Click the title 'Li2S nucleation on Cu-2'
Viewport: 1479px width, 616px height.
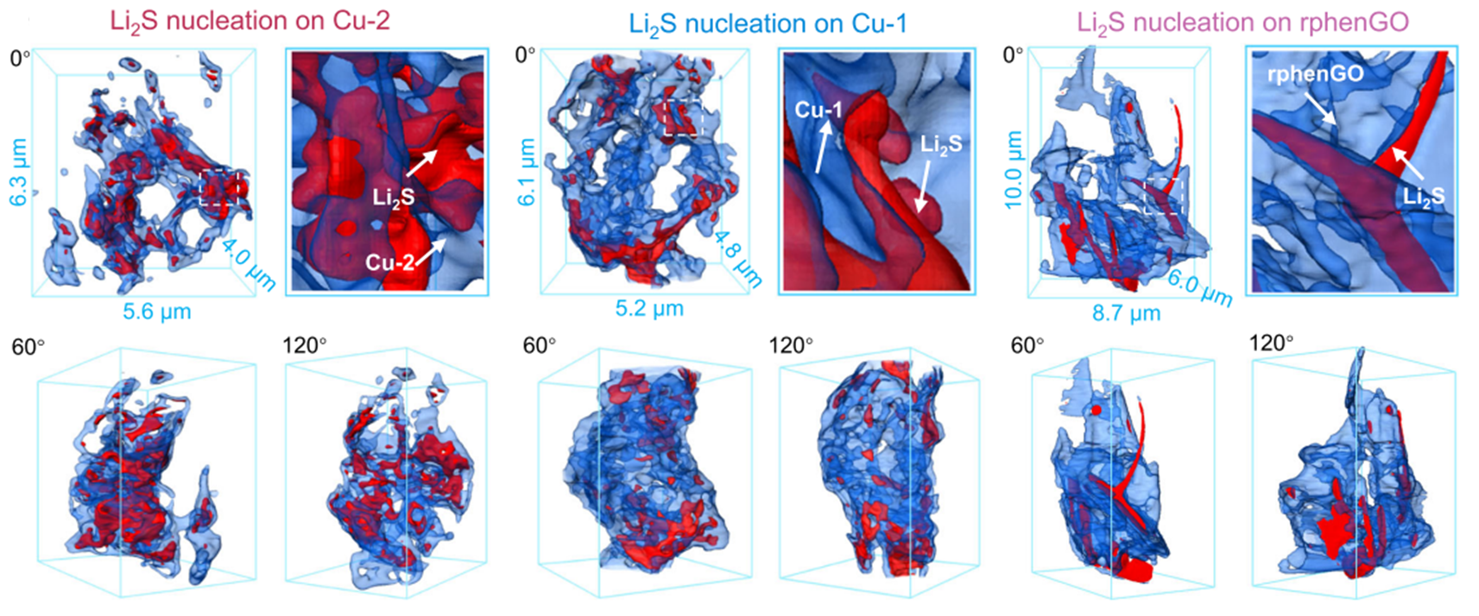[250, 22]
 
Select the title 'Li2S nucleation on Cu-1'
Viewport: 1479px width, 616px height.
[768, 25]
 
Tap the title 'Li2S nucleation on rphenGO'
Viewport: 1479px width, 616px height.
[1243, 22]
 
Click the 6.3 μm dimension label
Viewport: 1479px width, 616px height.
[20, 173]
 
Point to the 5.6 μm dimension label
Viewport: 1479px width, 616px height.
[157, 311]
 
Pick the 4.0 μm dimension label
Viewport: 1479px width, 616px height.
[250, 265]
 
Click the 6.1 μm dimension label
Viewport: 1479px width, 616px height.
[526, 172]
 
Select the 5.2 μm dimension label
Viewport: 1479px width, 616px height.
[649, 309]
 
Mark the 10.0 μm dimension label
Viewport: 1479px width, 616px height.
[1014, 169]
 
